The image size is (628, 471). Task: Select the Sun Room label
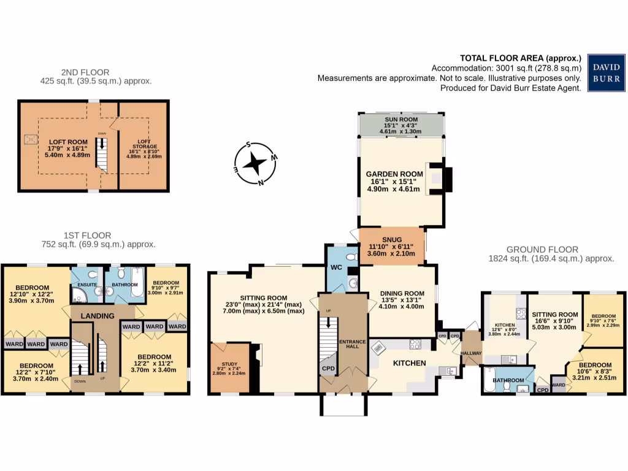[401, 119]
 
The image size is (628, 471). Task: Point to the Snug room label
[392, 240]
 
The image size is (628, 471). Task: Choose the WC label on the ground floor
[336, 267]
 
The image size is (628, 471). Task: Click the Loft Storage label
[143, 138]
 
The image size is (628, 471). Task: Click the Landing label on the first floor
[98, 316]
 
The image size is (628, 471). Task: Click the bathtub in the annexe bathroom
[489, 380]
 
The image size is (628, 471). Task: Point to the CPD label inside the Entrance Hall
[327, 369]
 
